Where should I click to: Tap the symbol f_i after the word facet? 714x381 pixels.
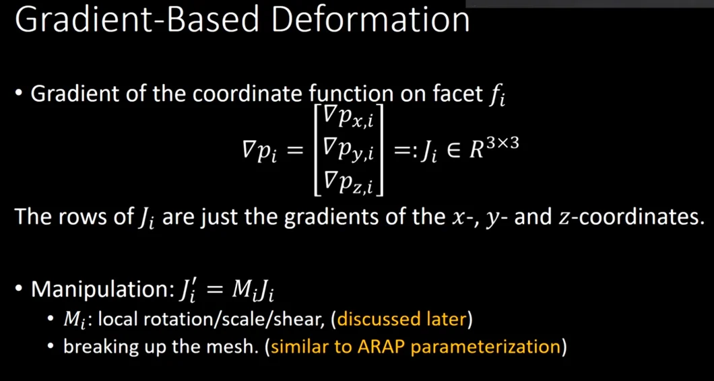(496, 96)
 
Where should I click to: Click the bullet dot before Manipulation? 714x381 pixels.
(18, 289)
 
